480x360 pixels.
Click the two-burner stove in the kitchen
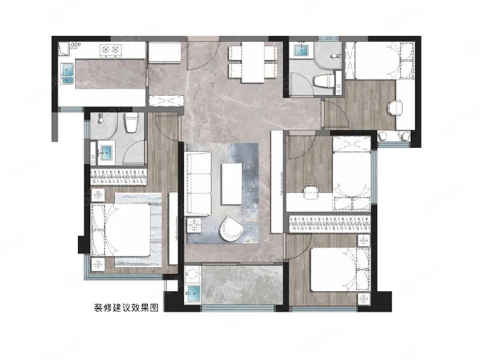pos(110,50)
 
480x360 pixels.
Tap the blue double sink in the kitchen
pos(68,73)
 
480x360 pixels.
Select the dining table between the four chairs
pos(253,62)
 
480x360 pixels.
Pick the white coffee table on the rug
pos(232,184)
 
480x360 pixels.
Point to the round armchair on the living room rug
pos(231,229)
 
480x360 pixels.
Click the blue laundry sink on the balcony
pos(193,293)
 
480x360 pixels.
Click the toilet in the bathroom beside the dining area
pos(324,81)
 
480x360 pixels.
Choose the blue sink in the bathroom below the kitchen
pos(106,151)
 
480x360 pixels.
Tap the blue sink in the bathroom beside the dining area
pos(302,50)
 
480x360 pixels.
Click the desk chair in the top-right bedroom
pos(395,108)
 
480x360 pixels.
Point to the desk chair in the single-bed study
pos(310,193)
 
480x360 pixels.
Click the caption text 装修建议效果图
pos(126,308)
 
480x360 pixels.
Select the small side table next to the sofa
pos(194,226)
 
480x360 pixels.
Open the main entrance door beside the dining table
pos(203,54)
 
